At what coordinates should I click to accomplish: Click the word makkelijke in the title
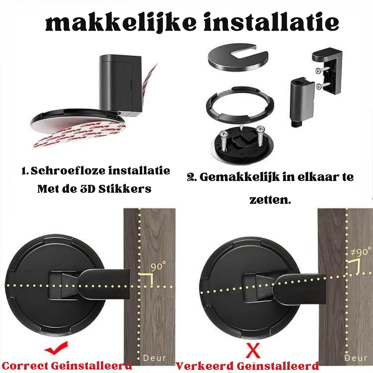[x=121, y=23]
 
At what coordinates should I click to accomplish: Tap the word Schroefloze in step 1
[x=68, y=171]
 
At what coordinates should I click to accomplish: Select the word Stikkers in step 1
[x=125, y=189]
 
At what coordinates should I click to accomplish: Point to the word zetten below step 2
[x=270, y=200]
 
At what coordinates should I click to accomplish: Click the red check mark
[x=56, y=348]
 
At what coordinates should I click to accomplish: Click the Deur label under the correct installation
[x=155, y=358]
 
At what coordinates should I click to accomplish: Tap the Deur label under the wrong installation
[x=356, y=358]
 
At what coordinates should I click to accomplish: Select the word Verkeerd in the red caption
[x=204, y=366]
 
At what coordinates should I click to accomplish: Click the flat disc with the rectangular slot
[x=238, y=57]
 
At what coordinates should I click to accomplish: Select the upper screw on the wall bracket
[x=322, y=70]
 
